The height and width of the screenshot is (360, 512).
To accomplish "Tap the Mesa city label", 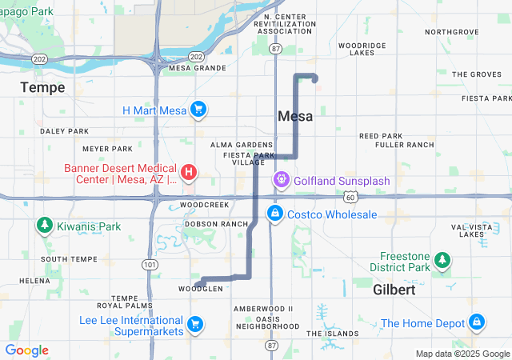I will pyautogui.click(x=294, y=116).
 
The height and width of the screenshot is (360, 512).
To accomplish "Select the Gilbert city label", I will pyautogui.click(x=394, y=290).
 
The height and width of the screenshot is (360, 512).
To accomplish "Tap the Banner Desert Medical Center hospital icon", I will pyautogui.click(x=189, y=172).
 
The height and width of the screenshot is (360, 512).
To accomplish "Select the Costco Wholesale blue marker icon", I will pyautogui.click(x=274, y=214).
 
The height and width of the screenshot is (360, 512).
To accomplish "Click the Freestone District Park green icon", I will pyautogui.click(x=442, y=260).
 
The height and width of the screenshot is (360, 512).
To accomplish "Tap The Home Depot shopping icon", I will pyautogui.click(x=477, y=322).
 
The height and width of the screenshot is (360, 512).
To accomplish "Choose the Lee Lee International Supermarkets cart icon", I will pyautogui.click(x=194, y=323).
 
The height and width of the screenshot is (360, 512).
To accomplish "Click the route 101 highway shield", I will pyautogui.click(x=148, y=264).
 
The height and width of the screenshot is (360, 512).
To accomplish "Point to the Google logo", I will pyautogui.click(x=26, y=350).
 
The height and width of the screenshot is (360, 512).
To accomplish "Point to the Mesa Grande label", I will pyautogui.click(x=198, y=68).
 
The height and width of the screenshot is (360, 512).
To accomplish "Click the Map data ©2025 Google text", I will pyautogui.click(x=462, y=354).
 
